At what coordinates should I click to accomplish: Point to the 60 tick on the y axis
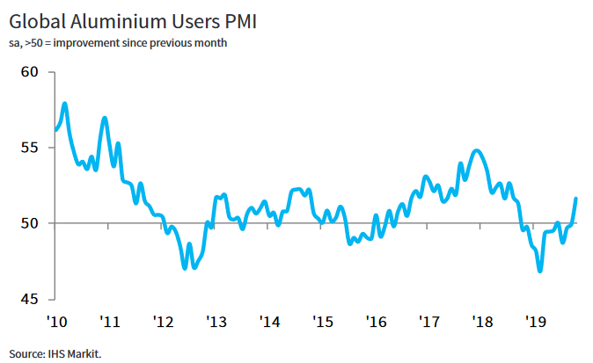point(31,71)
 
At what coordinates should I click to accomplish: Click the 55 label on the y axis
point(31,147)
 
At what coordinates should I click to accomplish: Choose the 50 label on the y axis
point(31,223)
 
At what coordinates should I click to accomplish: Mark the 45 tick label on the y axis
point(31,299)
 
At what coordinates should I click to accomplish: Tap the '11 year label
point(109,321)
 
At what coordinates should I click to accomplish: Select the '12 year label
point(163,321)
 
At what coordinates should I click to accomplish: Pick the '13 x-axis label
point(216,321)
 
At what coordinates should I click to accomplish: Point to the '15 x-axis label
point(322,321)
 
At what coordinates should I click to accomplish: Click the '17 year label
point(428,321)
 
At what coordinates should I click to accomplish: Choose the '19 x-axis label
point(535,321)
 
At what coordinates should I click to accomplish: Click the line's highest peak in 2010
point(65,104)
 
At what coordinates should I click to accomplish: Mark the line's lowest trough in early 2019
point(539,272)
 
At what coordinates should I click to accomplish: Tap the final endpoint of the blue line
point(576,198)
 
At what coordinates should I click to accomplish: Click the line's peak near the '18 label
point(476,150)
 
